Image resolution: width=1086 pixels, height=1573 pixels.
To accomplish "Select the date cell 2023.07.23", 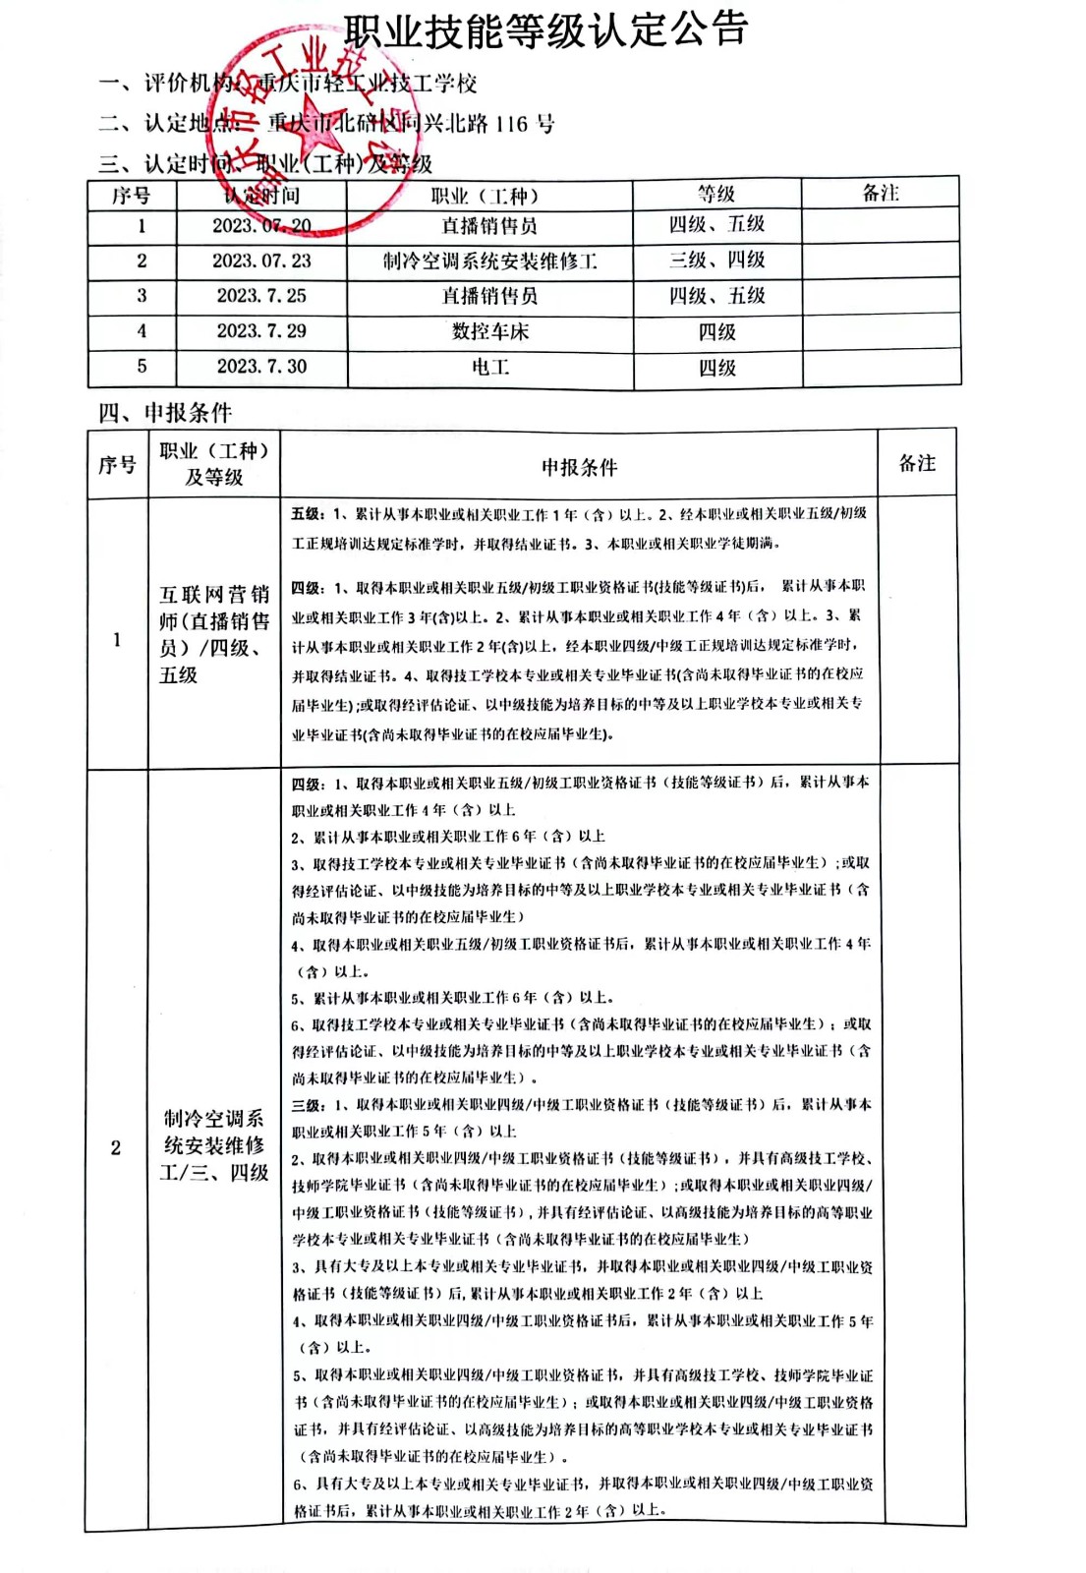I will coord(261,262).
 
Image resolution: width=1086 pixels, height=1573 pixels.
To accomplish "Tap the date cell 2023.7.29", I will coord(261,331).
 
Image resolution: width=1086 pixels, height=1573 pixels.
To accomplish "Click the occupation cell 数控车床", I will coord(489,332).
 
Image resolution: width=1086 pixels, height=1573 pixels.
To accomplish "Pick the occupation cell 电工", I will coord(489,368).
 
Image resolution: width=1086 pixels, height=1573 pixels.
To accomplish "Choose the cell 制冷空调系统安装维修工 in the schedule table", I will coord(489,262).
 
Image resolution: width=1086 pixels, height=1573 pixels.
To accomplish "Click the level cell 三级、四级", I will coord(716,261).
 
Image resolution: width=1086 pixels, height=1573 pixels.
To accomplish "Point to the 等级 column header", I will coord(716,194).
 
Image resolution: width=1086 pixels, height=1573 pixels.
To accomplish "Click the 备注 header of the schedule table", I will coord(880,194).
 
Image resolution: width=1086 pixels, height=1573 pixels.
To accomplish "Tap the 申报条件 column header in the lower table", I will coord(579,468).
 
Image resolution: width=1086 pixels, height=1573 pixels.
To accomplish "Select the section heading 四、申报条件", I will coord(165,413).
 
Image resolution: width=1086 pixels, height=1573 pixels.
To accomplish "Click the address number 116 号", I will coord(525,124).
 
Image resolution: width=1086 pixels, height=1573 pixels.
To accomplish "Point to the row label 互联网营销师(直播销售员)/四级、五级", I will coord(213,634).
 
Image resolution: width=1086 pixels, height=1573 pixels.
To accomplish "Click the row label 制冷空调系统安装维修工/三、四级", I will coord(213,1145).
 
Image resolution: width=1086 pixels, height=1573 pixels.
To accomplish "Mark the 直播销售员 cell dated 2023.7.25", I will coord(489,296).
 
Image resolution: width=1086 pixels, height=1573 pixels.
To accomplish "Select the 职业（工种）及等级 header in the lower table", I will coord(213,464).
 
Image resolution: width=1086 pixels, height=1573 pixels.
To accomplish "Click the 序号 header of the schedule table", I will coord(131,196).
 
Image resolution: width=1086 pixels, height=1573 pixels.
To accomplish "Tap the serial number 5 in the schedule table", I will coord(142,367).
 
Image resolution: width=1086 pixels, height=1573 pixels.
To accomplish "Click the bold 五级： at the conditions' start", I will coord(307,514).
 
